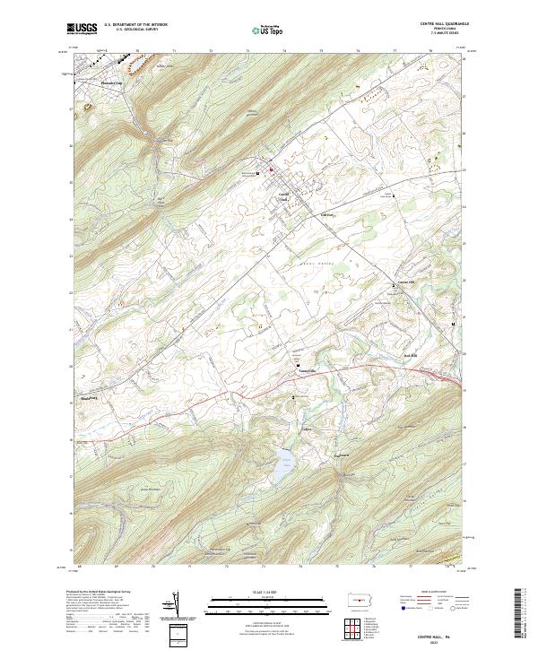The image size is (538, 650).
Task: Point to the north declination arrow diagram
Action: point(177,605)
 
